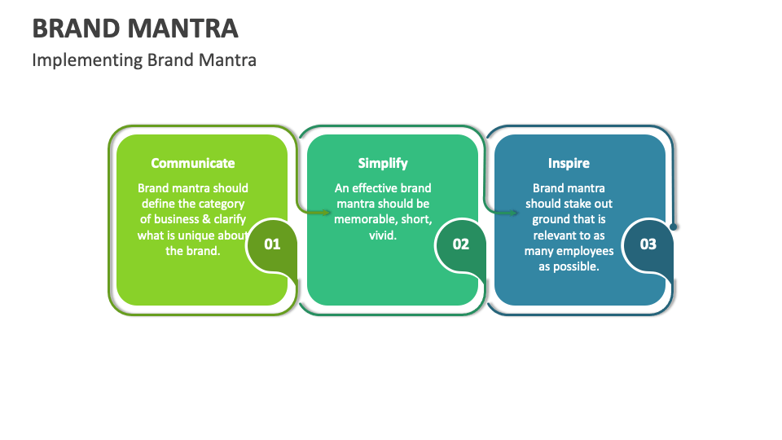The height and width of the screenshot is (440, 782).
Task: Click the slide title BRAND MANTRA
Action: pos(135,28)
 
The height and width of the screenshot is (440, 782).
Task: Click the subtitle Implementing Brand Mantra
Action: pos(144,59)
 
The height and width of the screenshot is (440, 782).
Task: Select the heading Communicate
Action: pos(193,163)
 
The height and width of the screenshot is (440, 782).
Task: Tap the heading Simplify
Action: pos(383,163)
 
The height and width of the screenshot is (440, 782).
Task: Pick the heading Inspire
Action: pos(569,163)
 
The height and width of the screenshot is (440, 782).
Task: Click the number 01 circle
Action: pos(272,244)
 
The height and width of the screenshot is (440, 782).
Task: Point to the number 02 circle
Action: pos(461,244)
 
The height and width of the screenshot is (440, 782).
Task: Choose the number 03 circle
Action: pos(648,244)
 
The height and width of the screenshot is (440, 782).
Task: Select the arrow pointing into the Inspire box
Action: pos(509,213)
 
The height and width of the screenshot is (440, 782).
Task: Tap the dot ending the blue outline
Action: pos(674,227)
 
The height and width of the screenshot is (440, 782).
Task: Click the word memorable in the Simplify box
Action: pos(362,219)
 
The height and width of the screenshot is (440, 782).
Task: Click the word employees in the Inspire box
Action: pos(585,251)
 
